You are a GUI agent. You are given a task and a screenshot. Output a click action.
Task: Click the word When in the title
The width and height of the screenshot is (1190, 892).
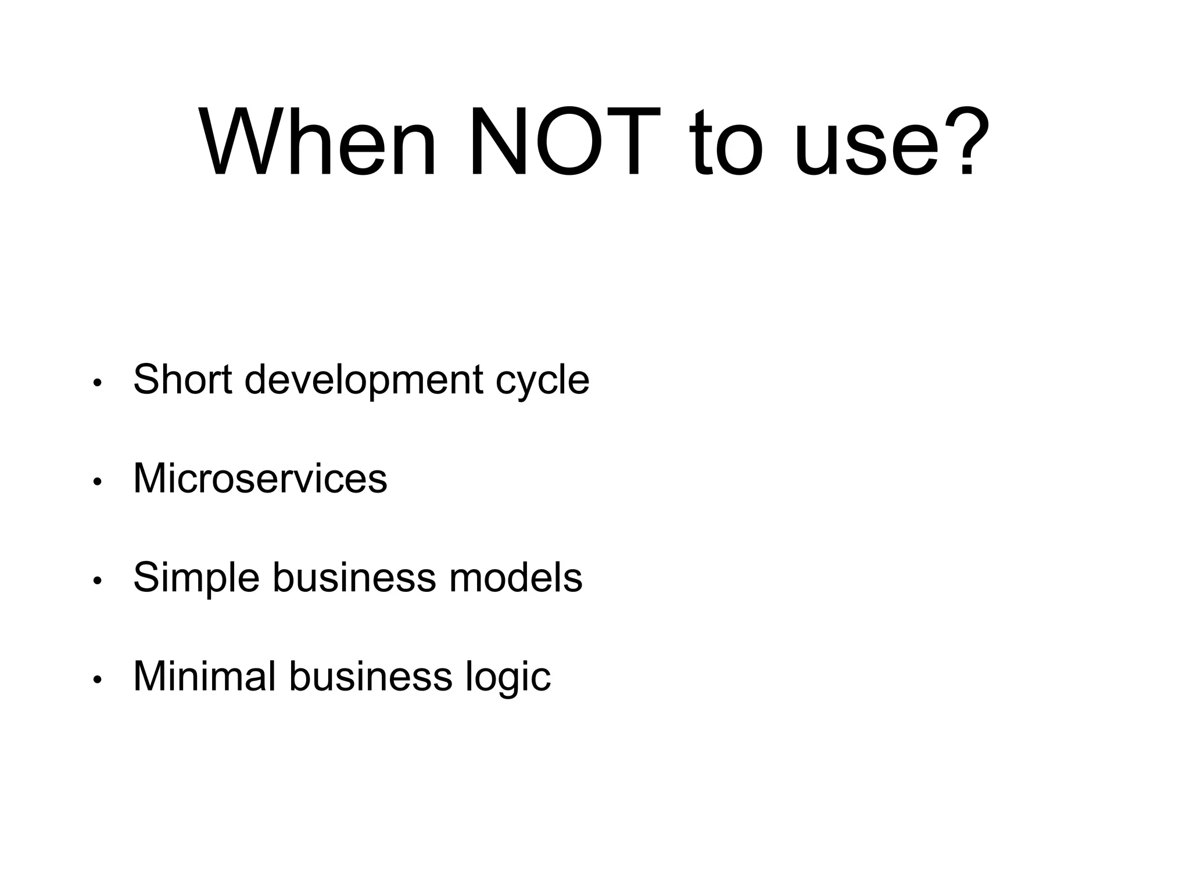click(317, 142)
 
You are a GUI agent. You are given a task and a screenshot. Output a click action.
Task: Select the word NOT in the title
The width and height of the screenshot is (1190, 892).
click(564, 142)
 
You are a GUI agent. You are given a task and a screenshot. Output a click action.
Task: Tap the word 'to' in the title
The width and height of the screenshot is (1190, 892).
click(726, 143)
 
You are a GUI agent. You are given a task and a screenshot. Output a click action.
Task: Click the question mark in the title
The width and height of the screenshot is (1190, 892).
click(967, 142)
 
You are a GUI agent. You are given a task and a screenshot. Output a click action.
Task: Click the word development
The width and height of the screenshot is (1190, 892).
click(364, 381)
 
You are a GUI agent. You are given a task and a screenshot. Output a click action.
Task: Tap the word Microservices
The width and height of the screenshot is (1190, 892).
click(260, 479)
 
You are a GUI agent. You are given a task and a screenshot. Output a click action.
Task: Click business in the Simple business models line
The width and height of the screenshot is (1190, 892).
click(354, 577)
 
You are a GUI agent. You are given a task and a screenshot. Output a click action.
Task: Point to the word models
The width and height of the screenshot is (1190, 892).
click(515, 577)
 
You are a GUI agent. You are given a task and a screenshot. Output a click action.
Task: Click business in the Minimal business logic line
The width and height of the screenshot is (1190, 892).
click(370, 676)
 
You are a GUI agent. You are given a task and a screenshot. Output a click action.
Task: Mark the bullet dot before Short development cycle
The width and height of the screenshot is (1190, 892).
click(98, 383)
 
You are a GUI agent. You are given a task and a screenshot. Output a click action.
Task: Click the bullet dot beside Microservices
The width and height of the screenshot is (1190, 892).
click(98, 482)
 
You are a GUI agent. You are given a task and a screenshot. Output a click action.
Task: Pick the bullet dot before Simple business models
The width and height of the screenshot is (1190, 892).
click(98, 581)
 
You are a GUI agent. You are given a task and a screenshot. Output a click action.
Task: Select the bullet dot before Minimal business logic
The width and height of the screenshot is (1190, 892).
click(98, 679)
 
